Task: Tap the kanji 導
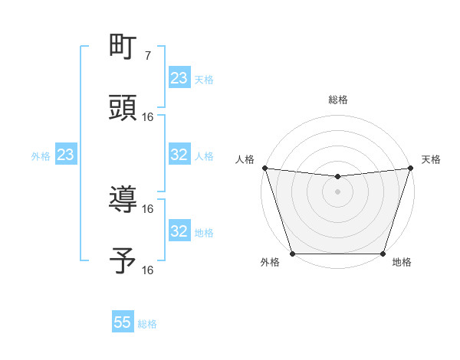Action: tap(123, 200)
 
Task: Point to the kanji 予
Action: tap(123, 261)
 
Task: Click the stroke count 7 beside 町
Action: tap(148, 55)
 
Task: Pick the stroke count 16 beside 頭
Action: tap(148, 116)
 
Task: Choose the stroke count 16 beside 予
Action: tap(148, 270)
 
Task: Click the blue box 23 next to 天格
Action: tap(179, 78)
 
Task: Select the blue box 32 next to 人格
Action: tap(179, 155)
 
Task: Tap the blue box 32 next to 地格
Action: tap(179, 231)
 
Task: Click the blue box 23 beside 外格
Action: tap(65, 155)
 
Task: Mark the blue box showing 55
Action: tap(123, 322)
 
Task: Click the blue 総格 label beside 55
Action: tap(147, 324)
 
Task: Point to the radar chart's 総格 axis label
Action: tap(337, 100)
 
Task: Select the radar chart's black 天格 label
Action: tap(431, 159)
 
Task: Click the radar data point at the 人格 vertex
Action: tap(264, 168)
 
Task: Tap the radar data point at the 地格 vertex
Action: tap(383, 254)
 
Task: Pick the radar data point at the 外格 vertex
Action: tap(292, 254)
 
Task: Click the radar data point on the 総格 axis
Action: tap(337, 177)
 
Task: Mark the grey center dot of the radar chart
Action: tap(337, 191)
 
